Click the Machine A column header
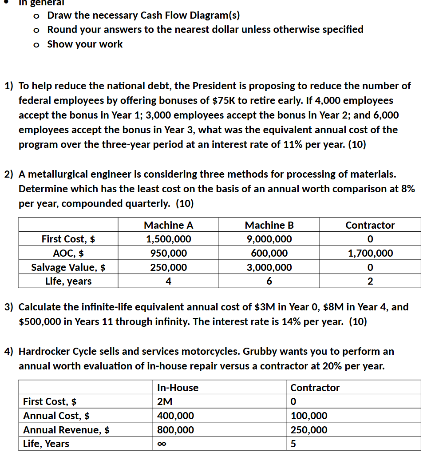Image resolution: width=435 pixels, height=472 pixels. [168, 225]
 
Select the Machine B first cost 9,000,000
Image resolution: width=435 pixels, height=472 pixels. [269, 239]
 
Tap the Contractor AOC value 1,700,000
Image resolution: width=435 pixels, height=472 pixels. [370, 254]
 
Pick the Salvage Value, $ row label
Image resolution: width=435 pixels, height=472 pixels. [68, 267]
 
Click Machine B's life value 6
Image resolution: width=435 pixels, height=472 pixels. [269, 282]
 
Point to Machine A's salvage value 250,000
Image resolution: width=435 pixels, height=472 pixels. [168, 267]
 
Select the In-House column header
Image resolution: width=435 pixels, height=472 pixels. [178, 388]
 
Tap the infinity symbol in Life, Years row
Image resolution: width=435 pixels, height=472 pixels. [161, 444]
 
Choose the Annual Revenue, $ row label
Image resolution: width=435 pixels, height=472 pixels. [67, 430]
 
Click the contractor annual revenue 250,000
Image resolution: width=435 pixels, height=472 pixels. [308, 430]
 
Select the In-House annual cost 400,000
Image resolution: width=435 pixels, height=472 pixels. [175, 416]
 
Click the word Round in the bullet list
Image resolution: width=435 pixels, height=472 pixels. [62, 30]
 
